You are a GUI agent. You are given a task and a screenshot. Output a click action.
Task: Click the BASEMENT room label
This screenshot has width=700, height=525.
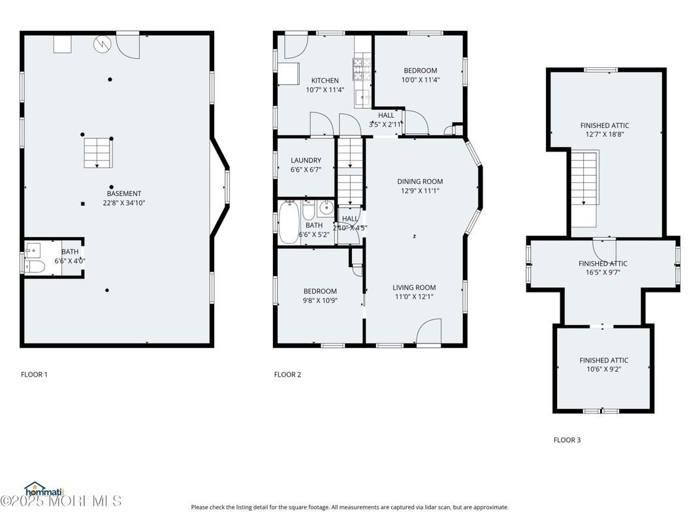pos(124,193)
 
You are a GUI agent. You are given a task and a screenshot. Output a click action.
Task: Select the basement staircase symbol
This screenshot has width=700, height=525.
pos(97,152)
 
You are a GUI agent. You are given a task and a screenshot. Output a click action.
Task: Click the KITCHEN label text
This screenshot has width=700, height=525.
pos(325,80)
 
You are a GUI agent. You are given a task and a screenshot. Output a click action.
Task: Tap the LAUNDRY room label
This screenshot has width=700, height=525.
pos(306,160)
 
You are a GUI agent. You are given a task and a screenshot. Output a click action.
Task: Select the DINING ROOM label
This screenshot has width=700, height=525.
pos(420,182)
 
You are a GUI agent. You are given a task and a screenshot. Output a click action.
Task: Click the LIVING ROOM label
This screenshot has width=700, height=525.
pos(414,287)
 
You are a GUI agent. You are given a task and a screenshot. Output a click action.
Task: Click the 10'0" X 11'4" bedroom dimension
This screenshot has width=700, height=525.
pos(420,80)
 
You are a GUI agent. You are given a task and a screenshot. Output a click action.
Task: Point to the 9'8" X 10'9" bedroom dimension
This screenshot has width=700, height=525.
pos(319,301)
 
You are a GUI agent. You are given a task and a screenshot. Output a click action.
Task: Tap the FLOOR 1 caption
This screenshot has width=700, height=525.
pos(34,375)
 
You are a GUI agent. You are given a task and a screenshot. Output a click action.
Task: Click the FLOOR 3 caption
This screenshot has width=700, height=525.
pos(567,440)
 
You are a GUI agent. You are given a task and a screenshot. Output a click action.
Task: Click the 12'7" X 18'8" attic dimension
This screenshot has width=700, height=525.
pos(605,135)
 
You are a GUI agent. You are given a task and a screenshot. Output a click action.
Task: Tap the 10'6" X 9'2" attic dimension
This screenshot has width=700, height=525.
pos(603,370)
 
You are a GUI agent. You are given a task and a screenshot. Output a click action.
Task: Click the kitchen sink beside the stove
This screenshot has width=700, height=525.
pos(362,97)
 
